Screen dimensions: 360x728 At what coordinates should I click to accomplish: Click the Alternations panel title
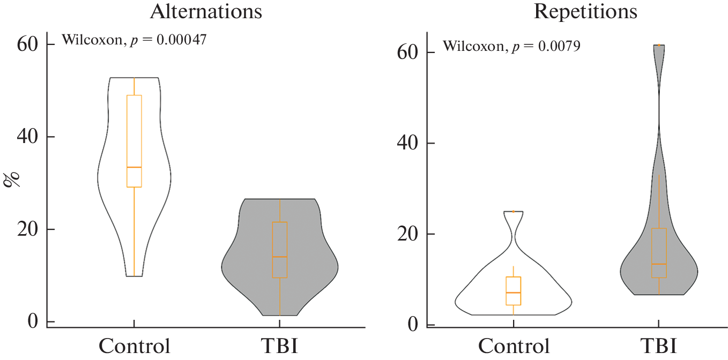tap(206, 12)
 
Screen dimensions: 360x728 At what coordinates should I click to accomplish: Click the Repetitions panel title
tap(585, 12)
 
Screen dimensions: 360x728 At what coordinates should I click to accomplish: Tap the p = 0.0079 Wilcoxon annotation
tap(511, 46)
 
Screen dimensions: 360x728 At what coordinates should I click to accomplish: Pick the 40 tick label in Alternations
tap(27, 137)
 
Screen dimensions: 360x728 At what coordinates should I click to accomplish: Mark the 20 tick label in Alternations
tap(27, 229)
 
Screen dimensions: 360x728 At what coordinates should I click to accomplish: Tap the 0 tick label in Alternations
tap(33, 321)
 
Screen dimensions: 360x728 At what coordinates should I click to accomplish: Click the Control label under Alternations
tap(133, 346)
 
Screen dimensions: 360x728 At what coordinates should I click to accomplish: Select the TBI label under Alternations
tap(279, 346)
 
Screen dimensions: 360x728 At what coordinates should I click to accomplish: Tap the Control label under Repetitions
tap(514, 346)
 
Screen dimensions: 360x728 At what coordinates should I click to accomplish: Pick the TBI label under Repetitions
tap(658, 346)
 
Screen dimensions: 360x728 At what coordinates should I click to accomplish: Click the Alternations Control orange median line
tap(133, 167)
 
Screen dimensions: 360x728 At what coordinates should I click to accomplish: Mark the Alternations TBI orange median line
tap(279, 257)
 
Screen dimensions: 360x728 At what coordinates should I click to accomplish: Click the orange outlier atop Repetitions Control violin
tap(514, 212)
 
